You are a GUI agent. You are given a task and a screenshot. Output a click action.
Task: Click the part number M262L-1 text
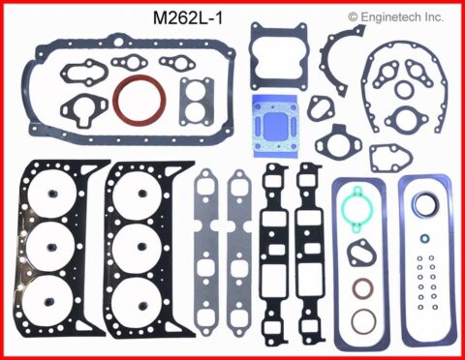[x=188, y=17]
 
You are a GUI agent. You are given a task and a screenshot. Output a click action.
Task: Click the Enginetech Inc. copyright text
[x=395, y=16]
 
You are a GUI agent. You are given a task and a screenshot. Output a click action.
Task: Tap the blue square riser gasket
[x=274, y=126]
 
